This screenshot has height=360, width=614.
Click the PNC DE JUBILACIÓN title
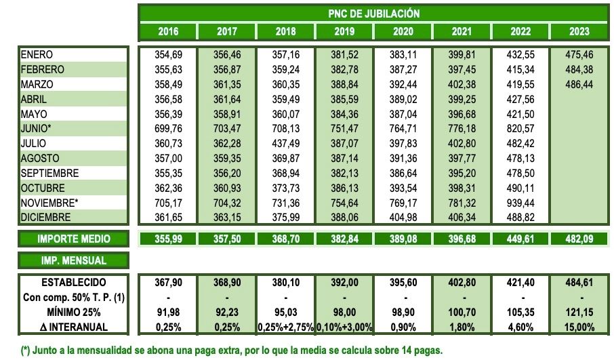pos(373,13)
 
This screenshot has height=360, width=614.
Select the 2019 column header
pos(344,31)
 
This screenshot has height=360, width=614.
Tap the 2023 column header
pos(579,31)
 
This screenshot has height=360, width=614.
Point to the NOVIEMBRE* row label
pos(50,203)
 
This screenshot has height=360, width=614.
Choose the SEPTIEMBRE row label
pos(49,173)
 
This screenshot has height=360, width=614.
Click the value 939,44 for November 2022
pos(520,203)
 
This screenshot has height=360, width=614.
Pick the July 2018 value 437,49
pos(285,144)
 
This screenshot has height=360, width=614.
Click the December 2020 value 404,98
pos(403,218)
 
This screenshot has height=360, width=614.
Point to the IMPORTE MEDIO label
pos(73,239)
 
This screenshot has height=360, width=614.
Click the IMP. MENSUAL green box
pos(73,260)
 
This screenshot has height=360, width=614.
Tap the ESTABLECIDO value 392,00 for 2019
pos(344,282)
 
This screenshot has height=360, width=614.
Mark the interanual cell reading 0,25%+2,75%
pos(285,327)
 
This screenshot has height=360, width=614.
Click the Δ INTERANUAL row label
pos(73,327)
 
